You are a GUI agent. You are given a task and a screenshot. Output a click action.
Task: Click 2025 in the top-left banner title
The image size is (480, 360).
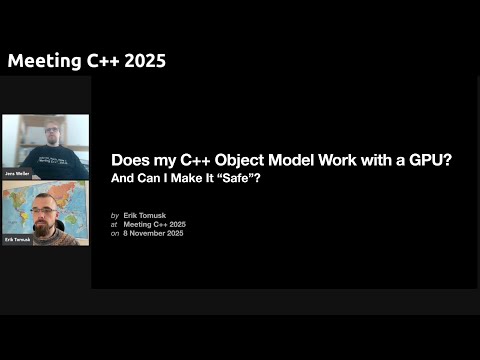[143, 61]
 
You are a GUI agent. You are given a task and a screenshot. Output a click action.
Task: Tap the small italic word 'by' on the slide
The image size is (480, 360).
[115, 214]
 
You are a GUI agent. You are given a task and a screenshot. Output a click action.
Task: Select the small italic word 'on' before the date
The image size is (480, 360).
[115, 232]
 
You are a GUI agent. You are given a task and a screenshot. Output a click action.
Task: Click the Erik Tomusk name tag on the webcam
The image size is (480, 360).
[17, 240]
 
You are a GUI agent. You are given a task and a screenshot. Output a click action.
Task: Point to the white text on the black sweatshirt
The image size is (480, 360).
[47, 161]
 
